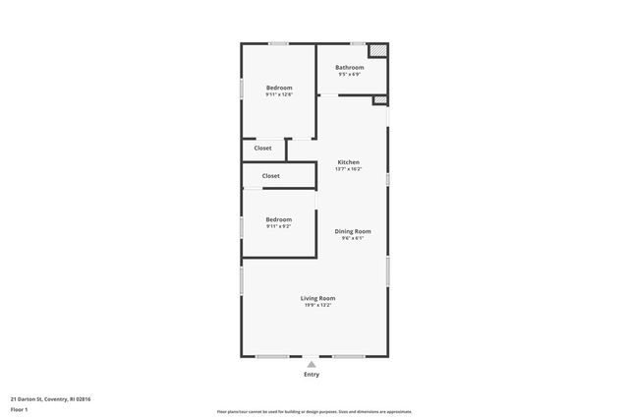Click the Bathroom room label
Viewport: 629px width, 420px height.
(349, 67)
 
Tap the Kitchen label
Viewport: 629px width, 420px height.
(349, 162)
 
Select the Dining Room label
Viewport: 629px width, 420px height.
(353, 231)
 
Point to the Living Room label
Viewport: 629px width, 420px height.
(317, 298)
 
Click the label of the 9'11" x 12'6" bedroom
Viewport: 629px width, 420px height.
(278, 88)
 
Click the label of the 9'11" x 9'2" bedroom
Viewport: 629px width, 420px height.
(278, 219)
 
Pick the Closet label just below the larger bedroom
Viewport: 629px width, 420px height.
(262, 148)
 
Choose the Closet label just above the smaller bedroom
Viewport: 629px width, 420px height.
(270, 176)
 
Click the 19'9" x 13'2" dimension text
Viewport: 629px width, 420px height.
(317, 305)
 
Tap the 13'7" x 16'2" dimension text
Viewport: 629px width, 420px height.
(349, 169)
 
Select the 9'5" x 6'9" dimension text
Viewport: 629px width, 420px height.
(349, 74)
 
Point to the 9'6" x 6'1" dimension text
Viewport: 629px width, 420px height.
(353, 238)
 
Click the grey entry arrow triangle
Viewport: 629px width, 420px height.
(312, 364)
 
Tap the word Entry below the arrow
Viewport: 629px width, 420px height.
(312, 375)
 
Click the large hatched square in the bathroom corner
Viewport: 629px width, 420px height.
(377, 51)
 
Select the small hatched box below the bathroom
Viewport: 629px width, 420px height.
(379, 99)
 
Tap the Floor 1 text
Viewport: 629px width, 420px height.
(19, 410)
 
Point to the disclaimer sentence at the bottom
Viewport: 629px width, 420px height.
(314, 412)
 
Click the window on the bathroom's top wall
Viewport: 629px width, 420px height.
(359, 43)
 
